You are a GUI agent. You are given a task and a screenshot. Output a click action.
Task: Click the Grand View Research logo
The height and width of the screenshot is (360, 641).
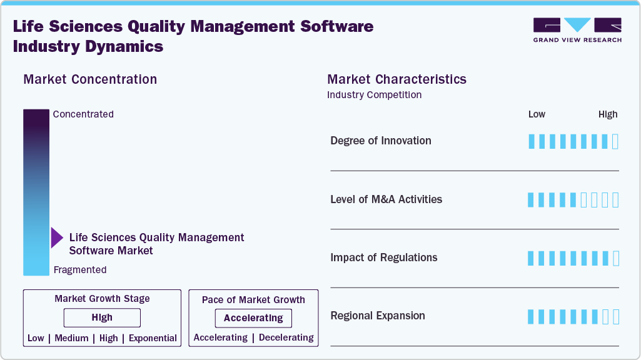coord(577,30)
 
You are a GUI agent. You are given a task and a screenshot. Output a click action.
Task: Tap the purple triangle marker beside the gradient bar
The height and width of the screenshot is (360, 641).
coord(56,238)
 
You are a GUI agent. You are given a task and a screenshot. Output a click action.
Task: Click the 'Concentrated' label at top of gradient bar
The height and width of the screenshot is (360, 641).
coord(83,114)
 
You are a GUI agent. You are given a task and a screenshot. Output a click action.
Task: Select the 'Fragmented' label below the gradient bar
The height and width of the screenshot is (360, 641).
coord(80,270)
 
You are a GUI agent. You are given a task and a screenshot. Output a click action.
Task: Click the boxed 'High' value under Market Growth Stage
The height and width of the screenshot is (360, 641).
coord(102,317)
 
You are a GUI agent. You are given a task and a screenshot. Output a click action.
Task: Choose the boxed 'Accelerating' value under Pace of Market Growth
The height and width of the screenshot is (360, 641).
coord(253,318)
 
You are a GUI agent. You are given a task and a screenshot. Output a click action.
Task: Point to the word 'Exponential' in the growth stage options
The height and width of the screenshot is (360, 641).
coord(153,338)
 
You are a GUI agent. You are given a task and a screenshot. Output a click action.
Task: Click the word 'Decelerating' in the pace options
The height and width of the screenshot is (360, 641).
coord(286,337)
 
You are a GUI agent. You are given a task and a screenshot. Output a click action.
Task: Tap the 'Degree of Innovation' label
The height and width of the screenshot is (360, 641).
coord(380,141)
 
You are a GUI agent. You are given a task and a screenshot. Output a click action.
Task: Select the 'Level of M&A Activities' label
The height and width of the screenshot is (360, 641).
coord(386,199)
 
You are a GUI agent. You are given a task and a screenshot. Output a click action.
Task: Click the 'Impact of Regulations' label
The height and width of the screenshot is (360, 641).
coord(383,257)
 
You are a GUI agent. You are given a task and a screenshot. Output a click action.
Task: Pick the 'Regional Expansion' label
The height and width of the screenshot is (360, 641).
coord(377,316)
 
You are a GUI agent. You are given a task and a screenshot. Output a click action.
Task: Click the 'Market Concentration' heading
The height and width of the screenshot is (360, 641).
coord(90,79)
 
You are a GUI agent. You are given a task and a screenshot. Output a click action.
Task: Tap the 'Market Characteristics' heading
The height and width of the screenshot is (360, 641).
coord(396,79)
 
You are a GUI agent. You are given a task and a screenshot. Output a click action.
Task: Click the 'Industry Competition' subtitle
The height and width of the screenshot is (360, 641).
coord(374,95)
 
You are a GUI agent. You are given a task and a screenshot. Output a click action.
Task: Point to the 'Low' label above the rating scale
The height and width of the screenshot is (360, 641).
coord(537,114)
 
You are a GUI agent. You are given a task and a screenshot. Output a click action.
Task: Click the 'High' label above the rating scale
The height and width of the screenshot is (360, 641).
coord(607,114)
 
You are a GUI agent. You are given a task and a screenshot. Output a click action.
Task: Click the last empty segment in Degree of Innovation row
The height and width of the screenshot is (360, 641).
coord(615,141)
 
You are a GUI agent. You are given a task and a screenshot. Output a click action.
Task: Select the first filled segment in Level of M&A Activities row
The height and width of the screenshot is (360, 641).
coord(532,200)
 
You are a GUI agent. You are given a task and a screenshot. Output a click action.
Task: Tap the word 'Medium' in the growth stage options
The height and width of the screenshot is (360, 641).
coord(71,338)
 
